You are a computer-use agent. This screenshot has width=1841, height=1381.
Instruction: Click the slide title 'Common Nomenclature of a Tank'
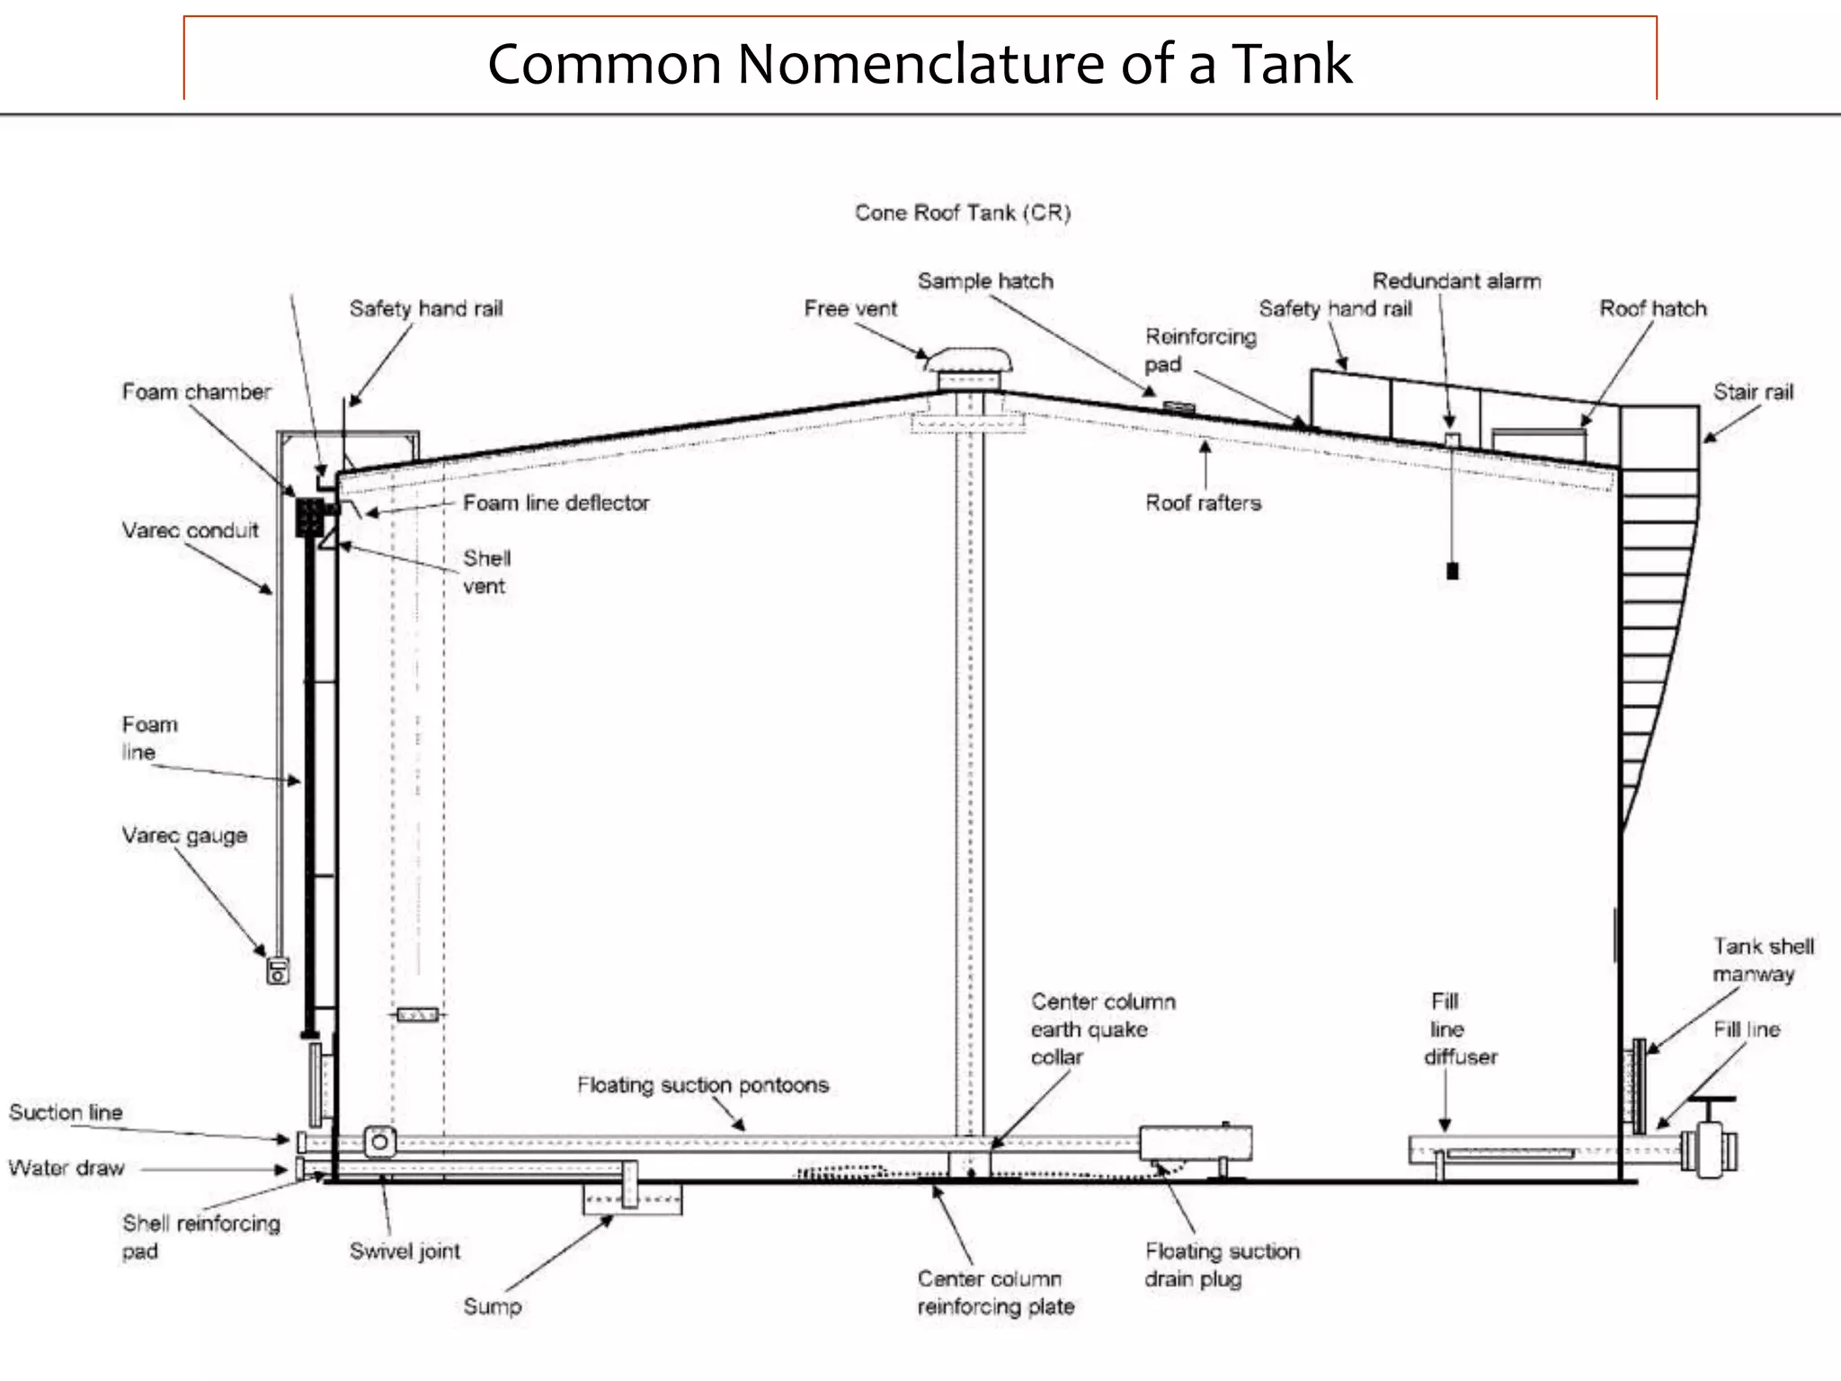(919, 65)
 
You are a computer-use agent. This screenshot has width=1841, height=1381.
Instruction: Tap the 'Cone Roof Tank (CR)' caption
(962, 213)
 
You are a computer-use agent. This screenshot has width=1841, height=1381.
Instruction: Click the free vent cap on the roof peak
(970, 360)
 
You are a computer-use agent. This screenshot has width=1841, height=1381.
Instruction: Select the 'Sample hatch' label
(984, 281)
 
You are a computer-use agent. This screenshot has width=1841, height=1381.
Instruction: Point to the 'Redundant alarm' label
(1456, 281)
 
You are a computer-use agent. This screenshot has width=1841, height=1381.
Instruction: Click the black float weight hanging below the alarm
(1452, 571)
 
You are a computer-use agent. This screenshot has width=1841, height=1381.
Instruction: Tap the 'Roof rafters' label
(1203, 503)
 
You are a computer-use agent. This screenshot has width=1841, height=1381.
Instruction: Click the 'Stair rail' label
(1752, 392)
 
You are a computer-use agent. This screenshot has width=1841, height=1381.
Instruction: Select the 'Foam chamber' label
(196, 392)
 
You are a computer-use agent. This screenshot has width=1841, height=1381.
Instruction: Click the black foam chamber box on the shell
(310, 517)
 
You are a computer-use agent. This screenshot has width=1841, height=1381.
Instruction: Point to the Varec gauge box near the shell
(278, 971)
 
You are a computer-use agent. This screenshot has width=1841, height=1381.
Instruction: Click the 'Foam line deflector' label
(556, 503)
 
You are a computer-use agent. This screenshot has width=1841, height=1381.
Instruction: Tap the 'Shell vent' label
(486, 572)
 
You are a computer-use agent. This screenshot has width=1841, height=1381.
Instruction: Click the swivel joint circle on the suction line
(379, 1142)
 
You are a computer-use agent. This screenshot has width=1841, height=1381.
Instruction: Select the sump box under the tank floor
(632, 1199)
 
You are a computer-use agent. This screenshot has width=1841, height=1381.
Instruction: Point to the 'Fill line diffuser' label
(1458, 1029)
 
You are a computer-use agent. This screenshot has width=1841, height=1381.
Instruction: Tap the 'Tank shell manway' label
(1762, 959)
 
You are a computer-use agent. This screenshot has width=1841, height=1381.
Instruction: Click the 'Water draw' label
(67, 1168)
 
